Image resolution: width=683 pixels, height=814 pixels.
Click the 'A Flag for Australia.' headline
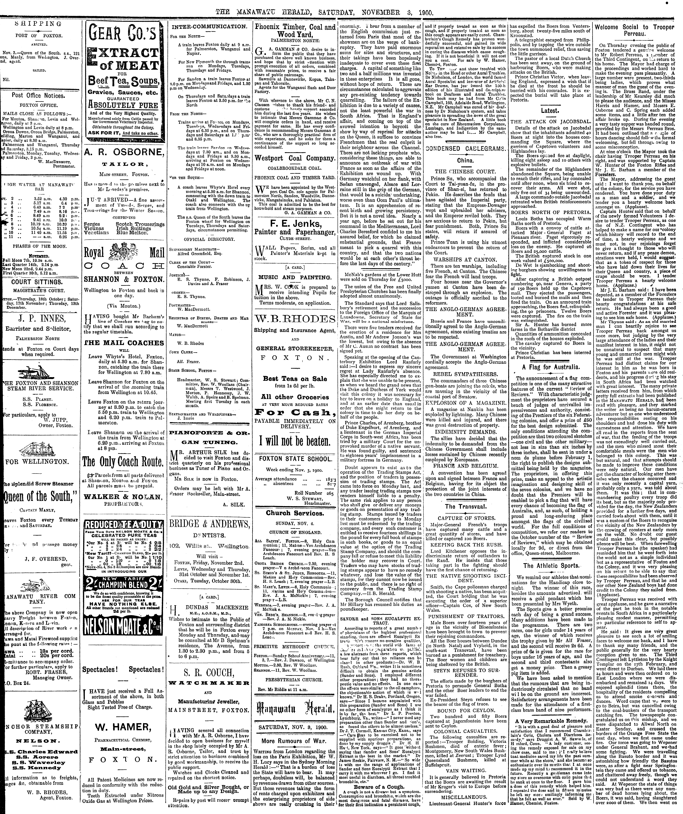pos(551,367)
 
